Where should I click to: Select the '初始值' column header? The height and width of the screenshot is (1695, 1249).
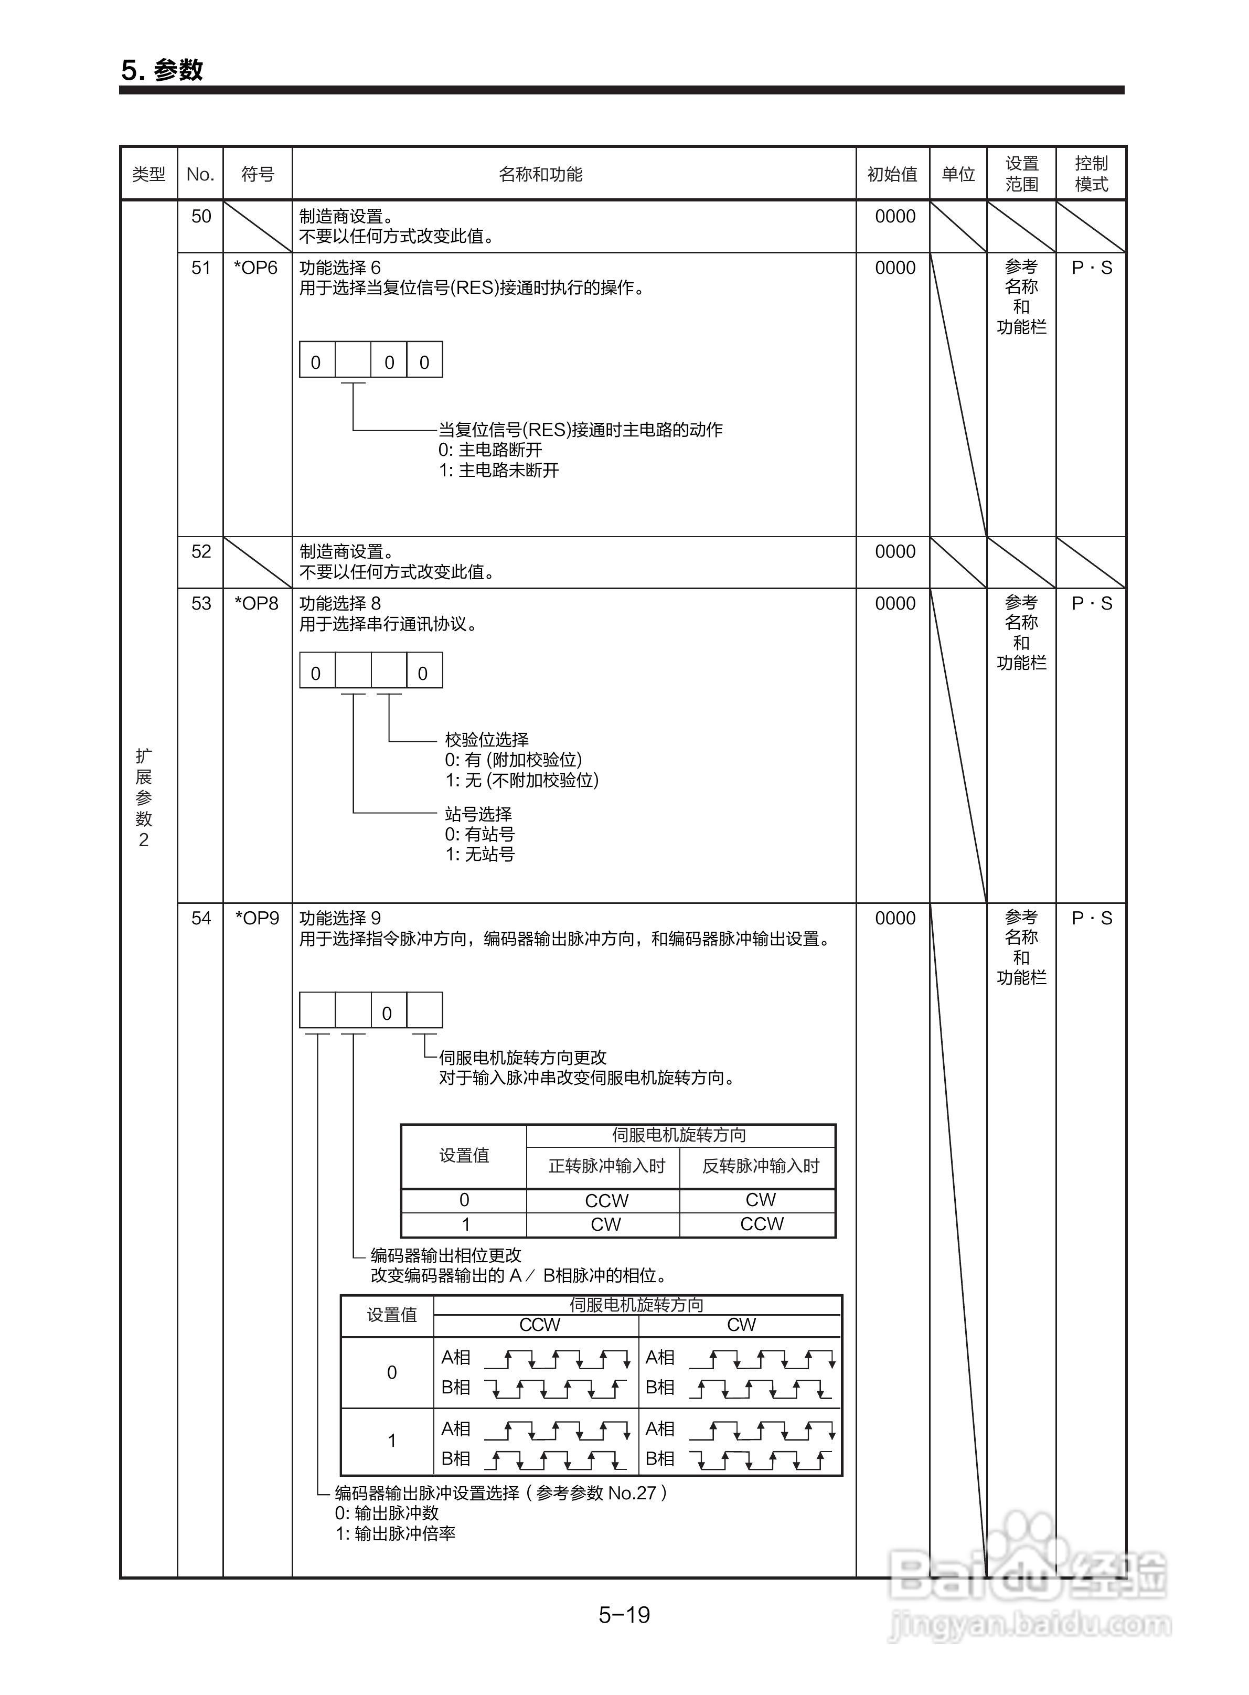pyautogui.click(x=892, y=175)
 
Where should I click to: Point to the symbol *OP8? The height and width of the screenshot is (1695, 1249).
pyautogui.click(x=257, y=603)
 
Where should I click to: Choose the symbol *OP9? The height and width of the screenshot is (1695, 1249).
pyautogui.click(x=257, y=918)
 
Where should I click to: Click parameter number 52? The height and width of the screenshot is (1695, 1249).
pyautogui.click(x=200, y=551)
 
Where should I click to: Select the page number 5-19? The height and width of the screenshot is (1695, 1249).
pyautogui.click(x=624, y=1615)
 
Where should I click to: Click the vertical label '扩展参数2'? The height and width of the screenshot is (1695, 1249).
pyautogui.click(x=144, y=797)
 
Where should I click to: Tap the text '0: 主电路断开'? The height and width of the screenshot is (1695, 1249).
pyautogui.click(x=490, y=450)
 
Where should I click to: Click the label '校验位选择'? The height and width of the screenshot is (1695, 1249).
pyautogui.click(x=487, y=739)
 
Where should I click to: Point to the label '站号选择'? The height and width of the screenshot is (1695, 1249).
pyautogui.click(x=478, y=814)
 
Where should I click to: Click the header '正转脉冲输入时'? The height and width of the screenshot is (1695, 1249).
pyautogui.click(x=606, y=1166)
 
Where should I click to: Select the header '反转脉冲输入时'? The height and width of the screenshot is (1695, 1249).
pyautogui.click(x=761, y=1166)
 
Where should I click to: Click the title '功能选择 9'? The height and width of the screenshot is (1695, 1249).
pyautogui.click(x=340, y=918)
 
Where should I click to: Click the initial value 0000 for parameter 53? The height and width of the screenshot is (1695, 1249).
pyautogui.click(x=895, y=603)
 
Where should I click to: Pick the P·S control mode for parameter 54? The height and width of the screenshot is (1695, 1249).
pyautogui.click(x=1092, y=918)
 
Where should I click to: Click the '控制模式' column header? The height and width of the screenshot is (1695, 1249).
pyautogui.click(x=1091, y=174)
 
